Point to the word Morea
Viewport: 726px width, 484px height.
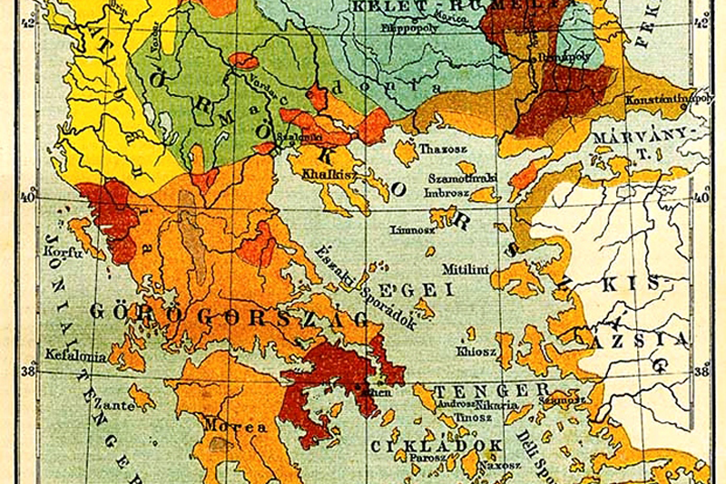click(x=221, y=426)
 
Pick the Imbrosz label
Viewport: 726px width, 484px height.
click(x=446, y=192)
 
